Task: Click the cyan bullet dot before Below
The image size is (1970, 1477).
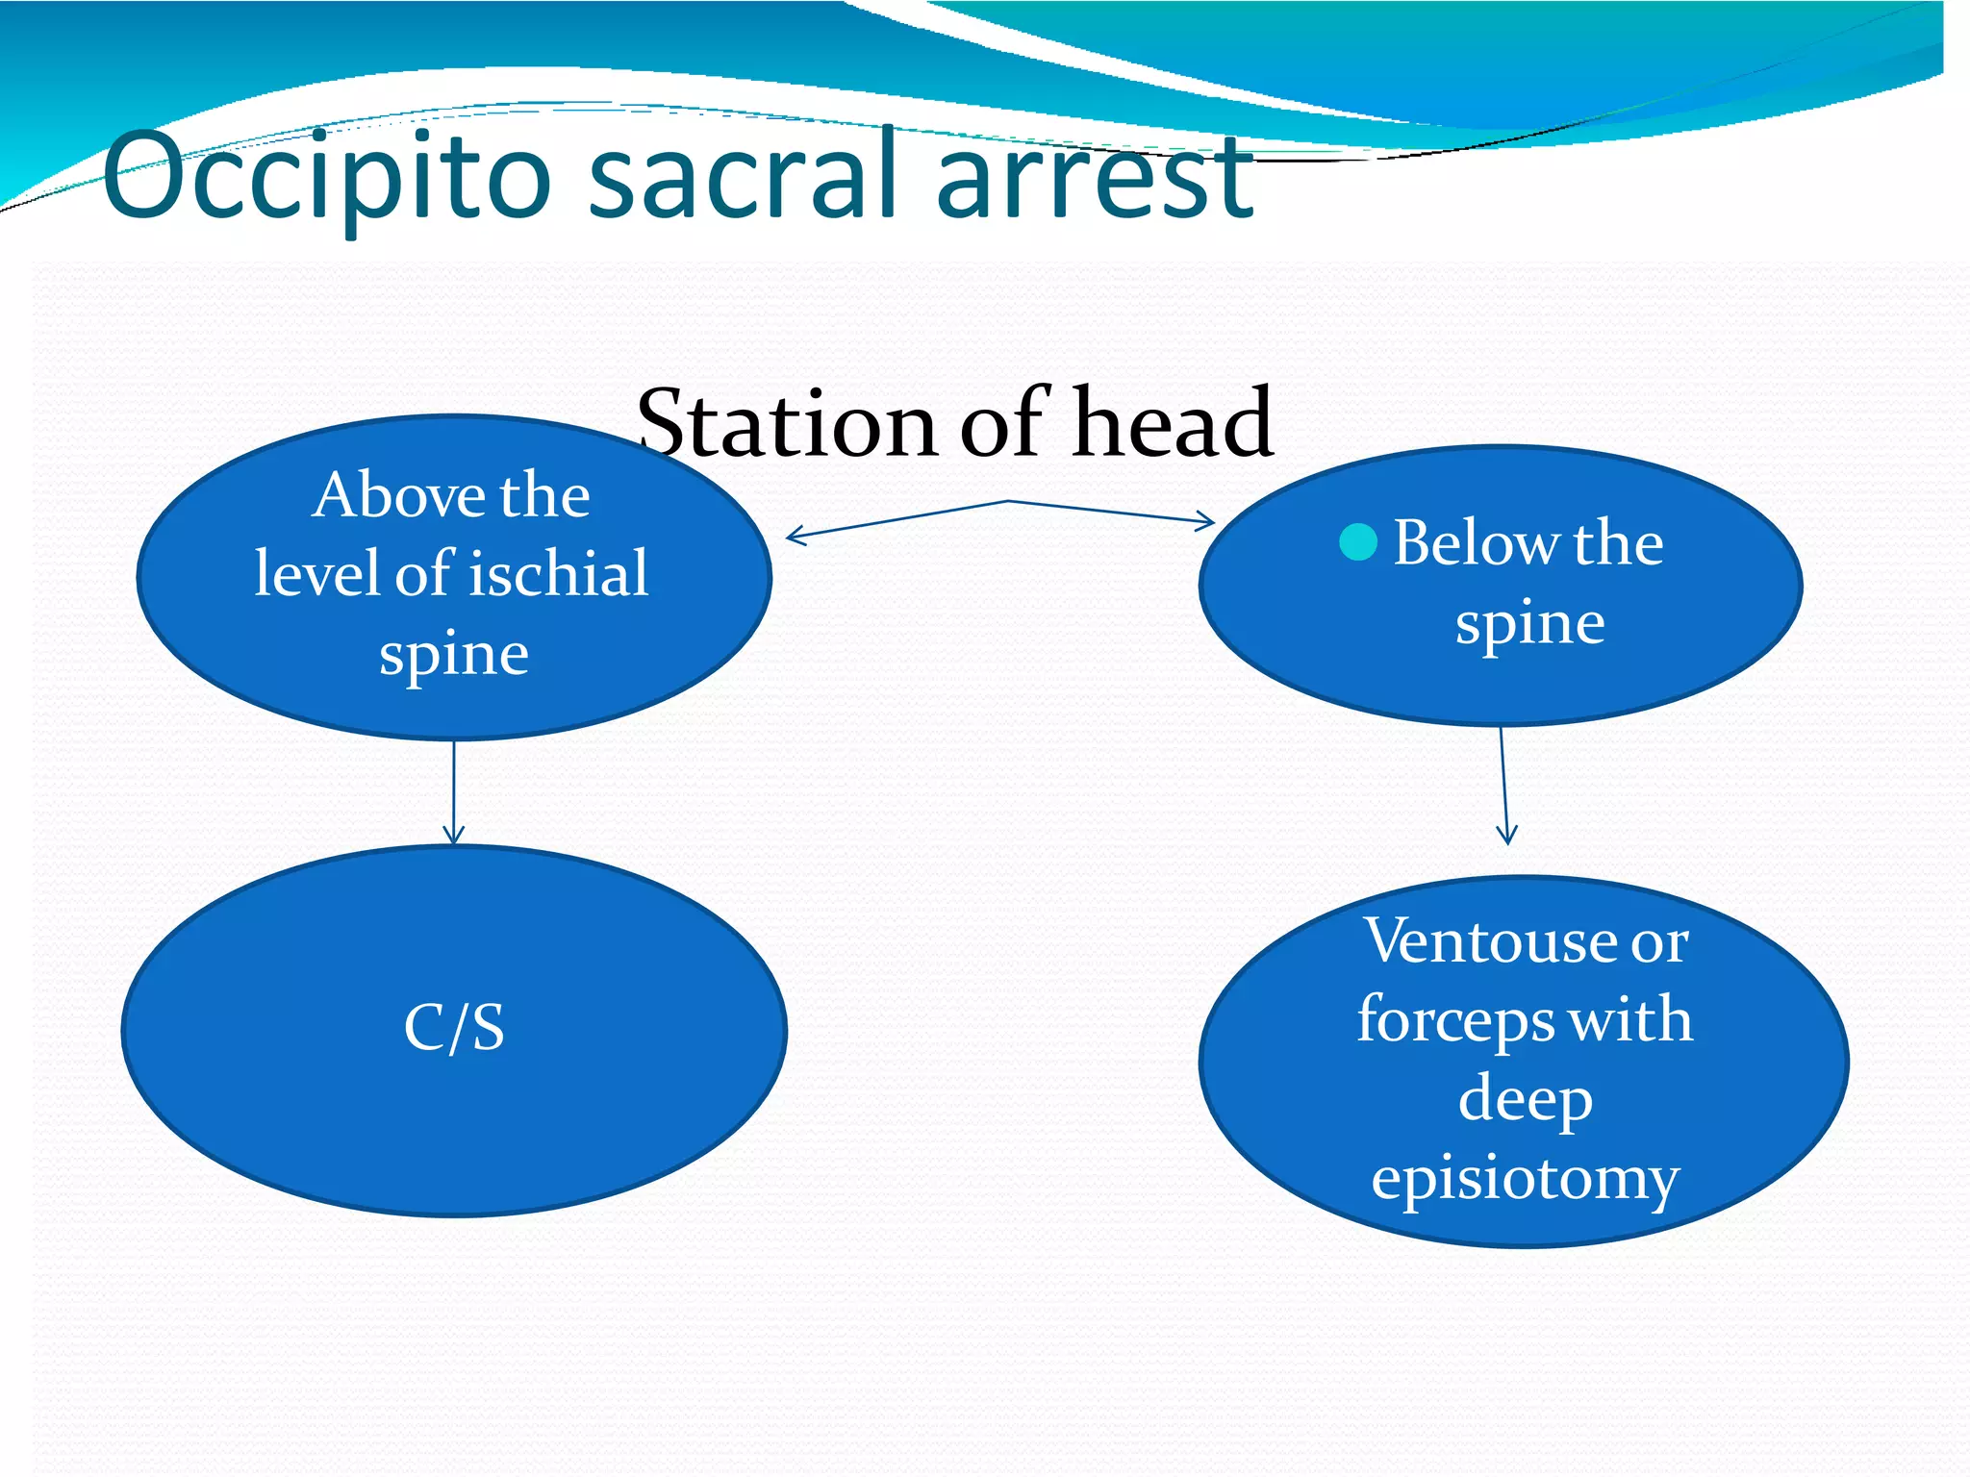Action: (x=1358, y=542)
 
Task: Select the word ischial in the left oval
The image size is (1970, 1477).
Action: (x=559, y=574)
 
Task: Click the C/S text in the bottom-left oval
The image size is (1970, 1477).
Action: (x=454, y=1027)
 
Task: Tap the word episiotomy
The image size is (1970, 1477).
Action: (x=1526, y=1178)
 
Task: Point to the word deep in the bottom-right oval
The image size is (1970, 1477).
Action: (x=1526, y=1098)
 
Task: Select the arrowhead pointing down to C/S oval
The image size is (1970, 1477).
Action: (x=454, y=836)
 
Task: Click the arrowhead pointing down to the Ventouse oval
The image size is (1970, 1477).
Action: (x=1507, y=835)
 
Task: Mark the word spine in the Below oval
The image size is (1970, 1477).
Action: (x=1529, y=624)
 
